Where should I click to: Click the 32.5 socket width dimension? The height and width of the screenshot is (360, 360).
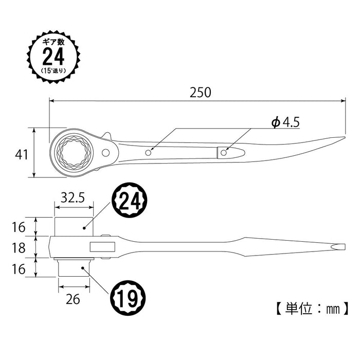[74, 197]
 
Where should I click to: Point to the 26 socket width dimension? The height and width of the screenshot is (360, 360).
[74, 299]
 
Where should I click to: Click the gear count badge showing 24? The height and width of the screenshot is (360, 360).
[53, 55]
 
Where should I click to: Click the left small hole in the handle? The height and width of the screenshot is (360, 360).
[148, 152]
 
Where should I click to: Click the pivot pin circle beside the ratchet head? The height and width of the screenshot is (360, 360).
[106, 153]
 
